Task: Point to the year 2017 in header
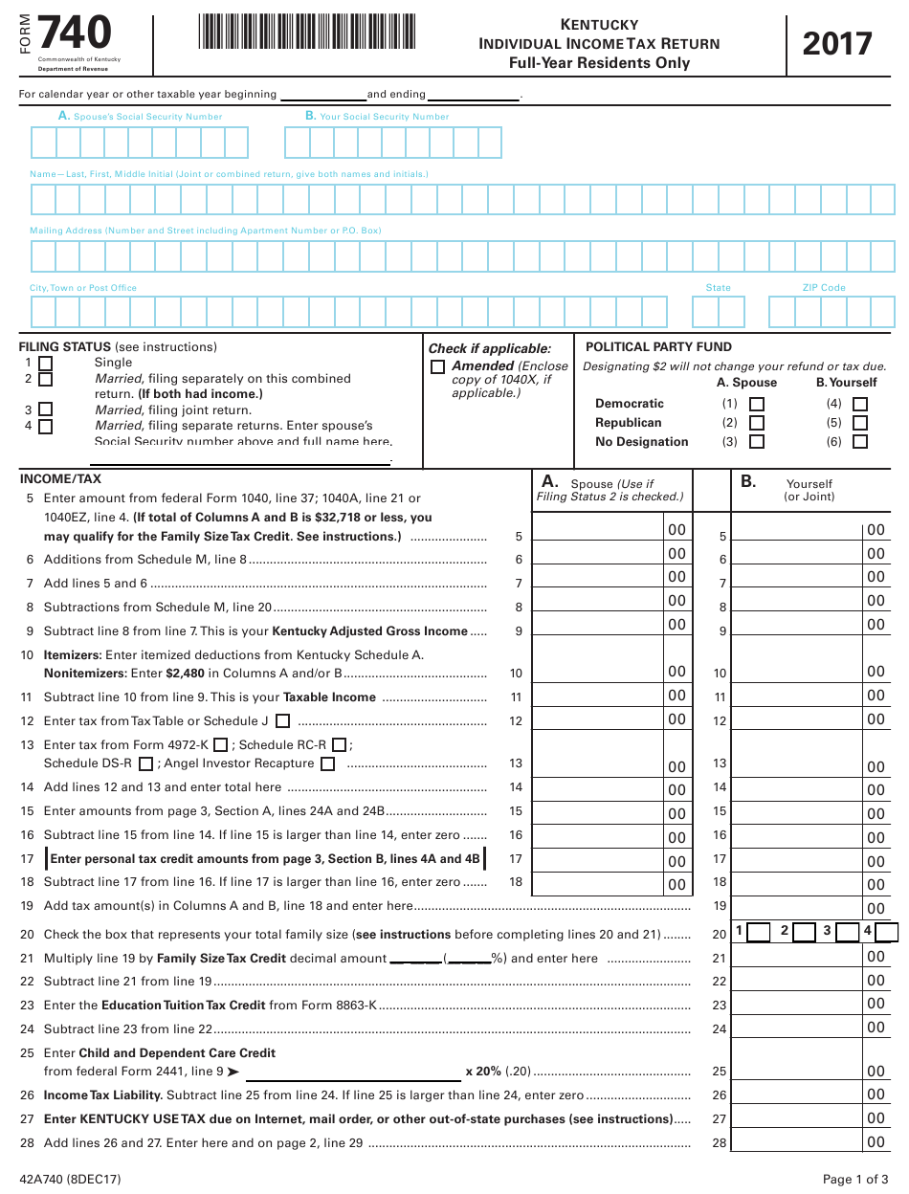coord(837,44)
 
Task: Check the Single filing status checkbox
coord(45,364)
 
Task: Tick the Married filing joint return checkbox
coord(45,409)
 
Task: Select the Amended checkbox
coord(438,366)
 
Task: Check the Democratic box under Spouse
coord(757,404)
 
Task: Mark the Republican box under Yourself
coord(860,423)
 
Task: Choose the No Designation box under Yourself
coord(860,442)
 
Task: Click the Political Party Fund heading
coord(658,347)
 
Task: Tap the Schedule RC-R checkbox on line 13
coord(340,745)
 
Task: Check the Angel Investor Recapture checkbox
coord(327,764)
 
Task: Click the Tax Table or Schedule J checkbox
coord(282,721)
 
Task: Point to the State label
coord(718,288)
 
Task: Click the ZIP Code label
coord(824,288)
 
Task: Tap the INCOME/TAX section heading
coord(60,479)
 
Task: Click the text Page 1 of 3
coord(856,1179)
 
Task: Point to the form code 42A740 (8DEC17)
coord(70,1179)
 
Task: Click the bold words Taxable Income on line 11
coord(329,697)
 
